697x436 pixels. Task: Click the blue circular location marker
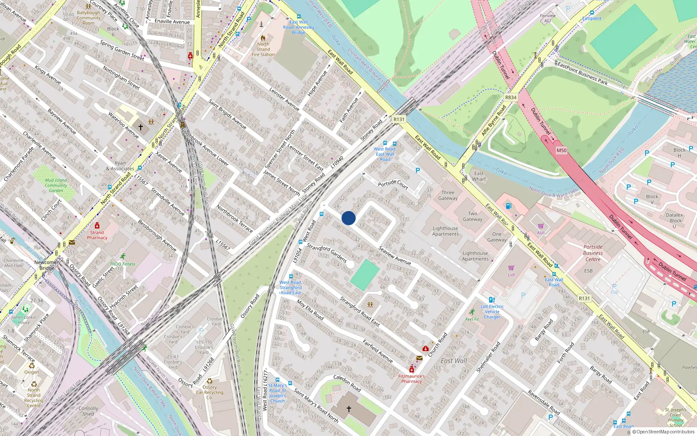[x=348, y=218]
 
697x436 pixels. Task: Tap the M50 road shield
[x=562, y=150]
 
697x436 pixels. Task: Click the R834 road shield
[x=511, y=98]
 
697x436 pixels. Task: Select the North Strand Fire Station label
[x=263, y=49]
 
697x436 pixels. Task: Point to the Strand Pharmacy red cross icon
[x=97, y=225]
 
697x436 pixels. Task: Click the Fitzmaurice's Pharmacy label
[x=411, y=378]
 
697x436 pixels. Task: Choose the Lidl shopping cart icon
[x=511, y=268]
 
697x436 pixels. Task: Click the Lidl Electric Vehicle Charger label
[x=492, y=312]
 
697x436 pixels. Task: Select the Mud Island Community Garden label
[x=56, y=185]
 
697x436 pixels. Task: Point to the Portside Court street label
[x=393, y=184]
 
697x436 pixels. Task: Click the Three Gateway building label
[x=448, y=195]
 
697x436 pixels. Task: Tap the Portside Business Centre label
[x=593, y=253]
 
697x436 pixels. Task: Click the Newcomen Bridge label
[x=47, y=265]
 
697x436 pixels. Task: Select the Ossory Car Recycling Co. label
[x=210, y=392]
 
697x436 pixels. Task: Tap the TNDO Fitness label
[x=122, y=264]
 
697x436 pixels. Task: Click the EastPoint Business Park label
[x=582, y=72]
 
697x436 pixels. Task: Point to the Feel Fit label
[x=472, y=319]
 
